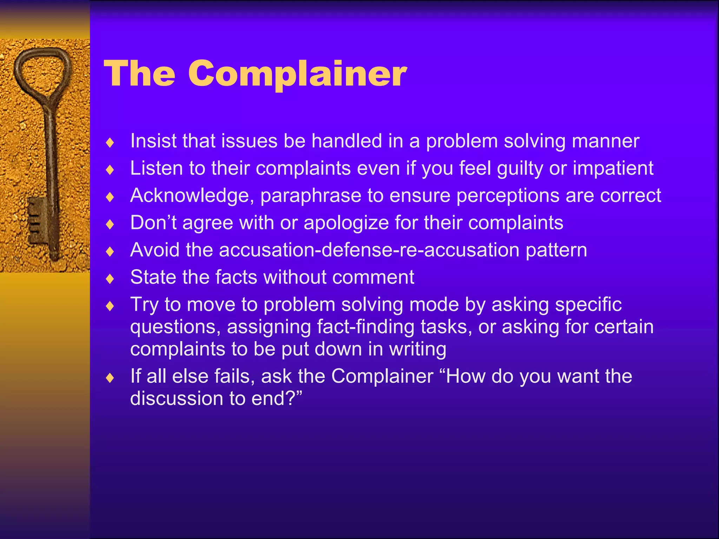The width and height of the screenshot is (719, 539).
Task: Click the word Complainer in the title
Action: (x=297, y=74)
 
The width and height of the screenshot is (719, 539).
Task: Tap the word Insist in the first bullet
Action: (x=153, y=141)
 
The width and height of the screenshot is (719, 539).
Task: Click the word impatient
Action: (x=613, y=168)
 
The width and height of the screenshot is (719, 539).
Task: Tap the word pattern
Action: (x=556, y=251)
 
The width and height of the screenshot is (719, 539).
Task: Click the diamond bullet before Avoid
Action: (x=110, y=251)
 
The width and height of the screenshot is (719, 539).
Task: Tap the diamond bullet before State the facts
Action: (x=110, y=279)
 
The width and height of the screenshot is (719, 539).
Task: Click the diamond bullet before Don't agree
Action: (x=110, y=224)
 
